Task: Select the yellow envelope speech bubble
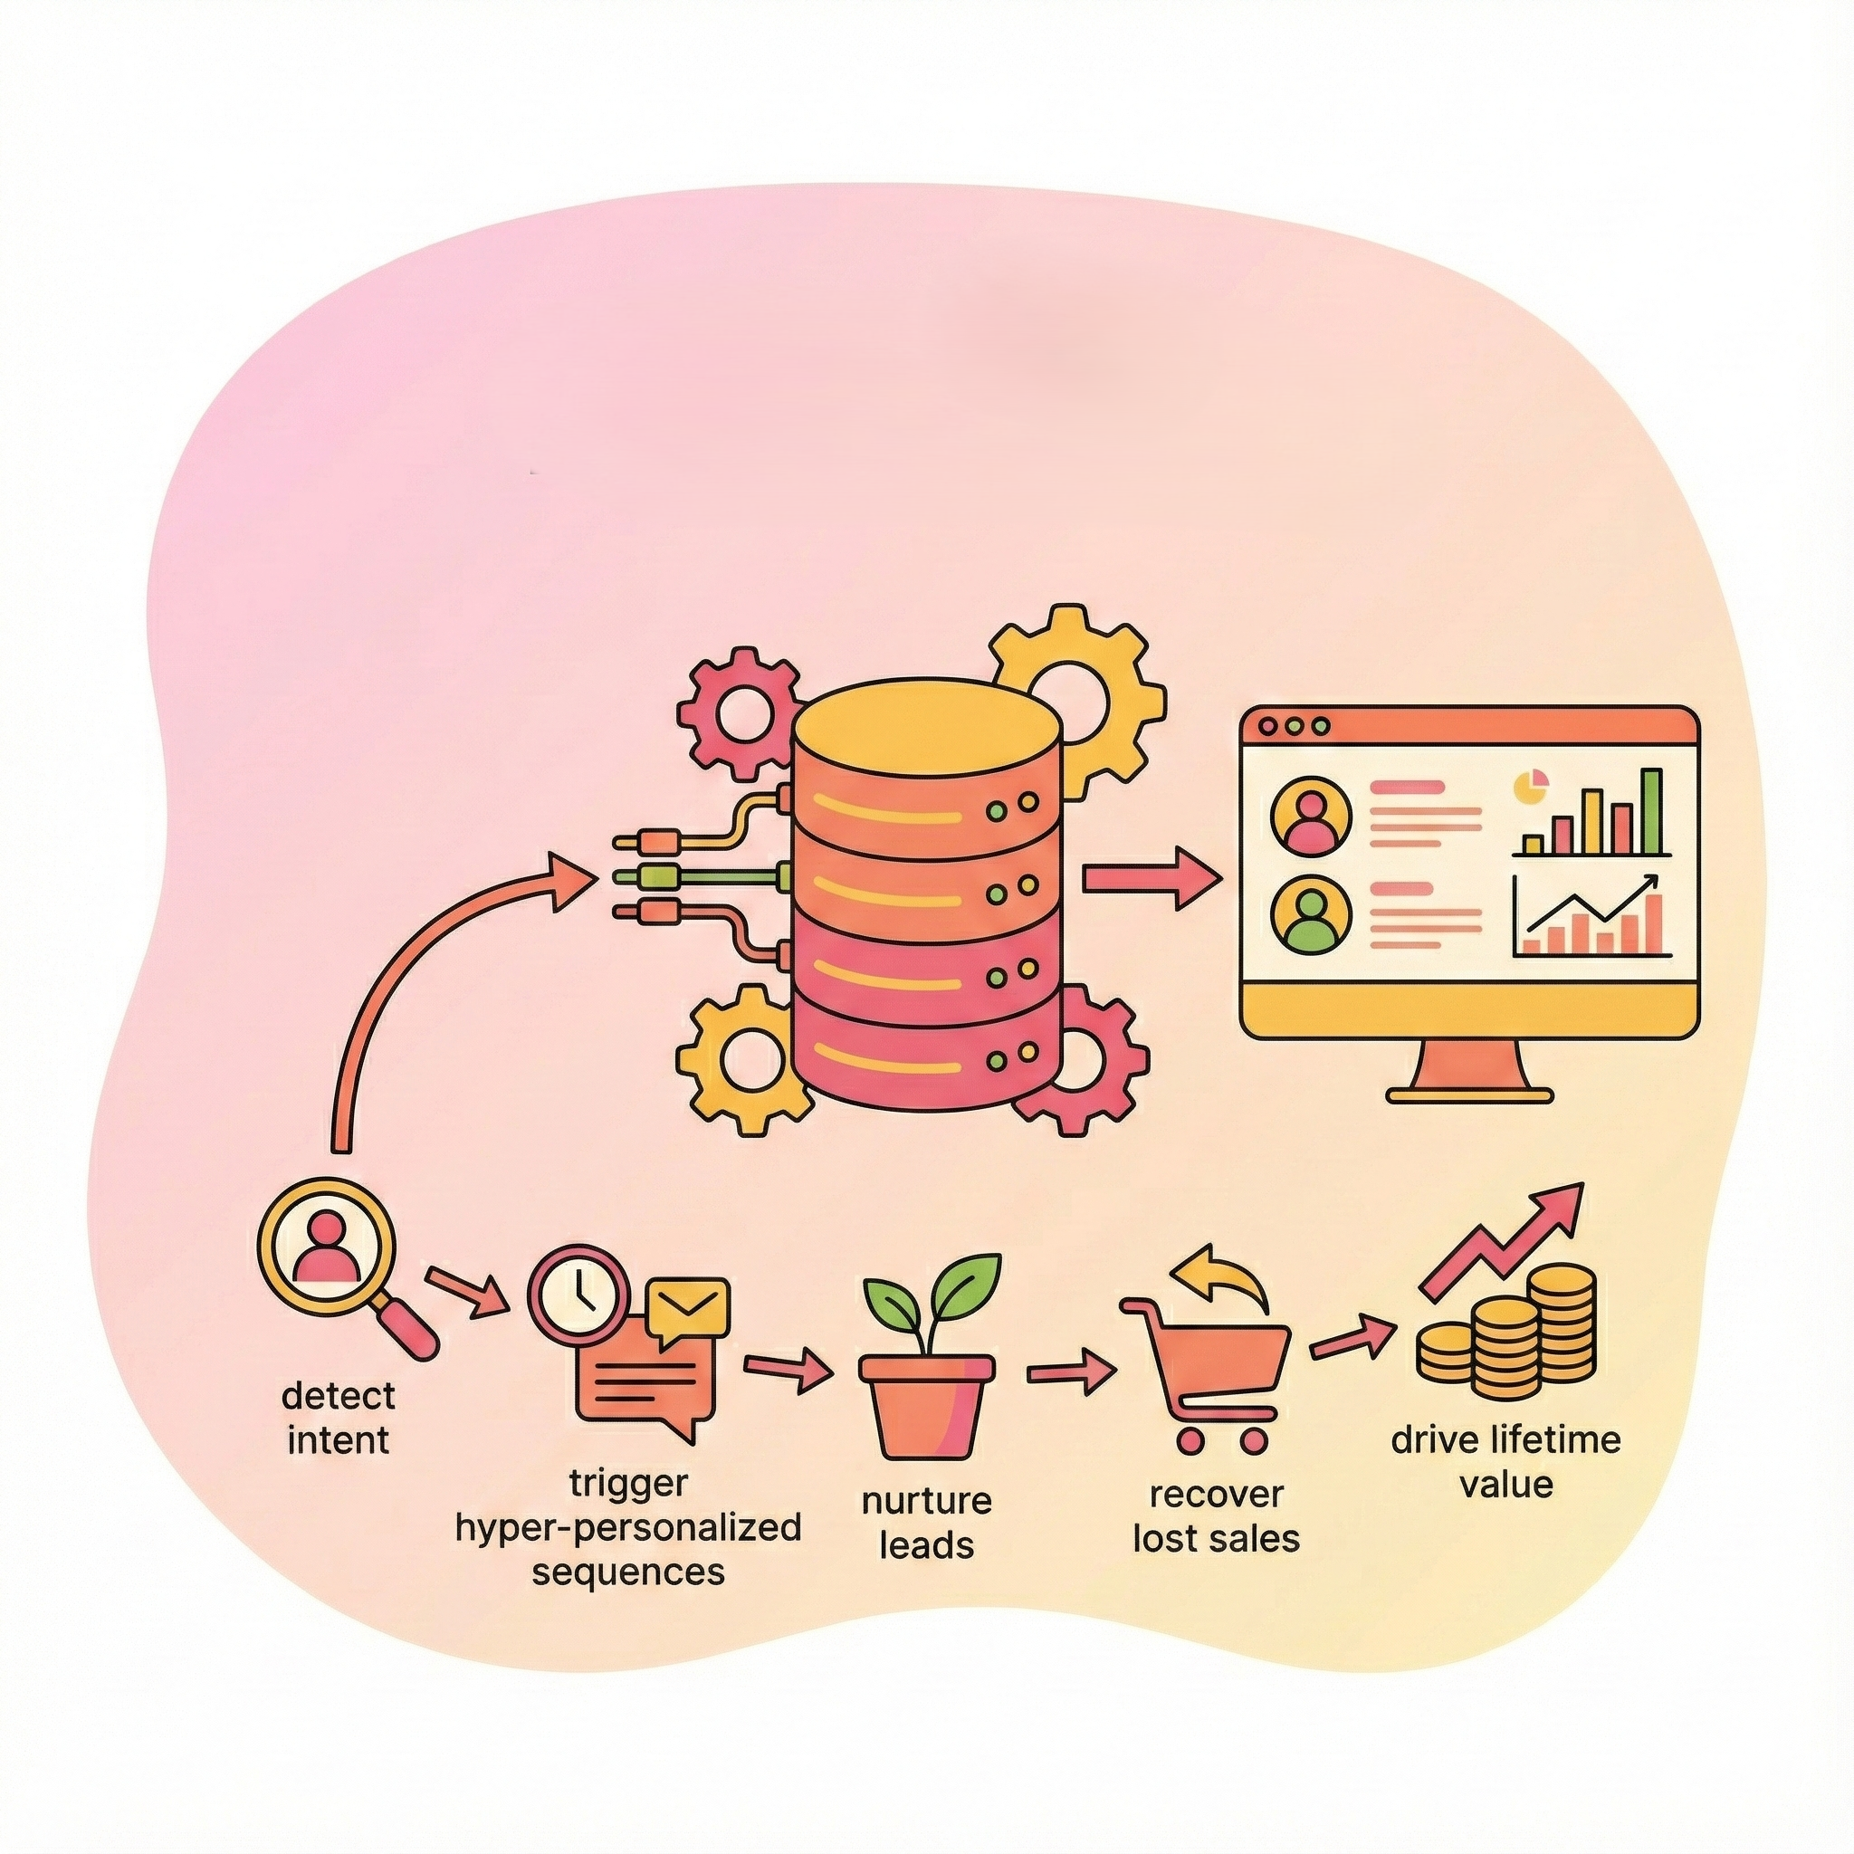click(x=687, y=1308)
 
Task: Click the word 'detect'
click(x=339, y=1395)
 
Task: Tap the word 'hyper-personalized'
click(x=628, y=1527)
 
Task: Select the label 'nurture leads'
click(x=926, y=1523)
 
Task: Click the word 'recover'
click(x=1216, y=1494)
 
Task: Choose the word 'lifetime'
click(x=1555, y=1439)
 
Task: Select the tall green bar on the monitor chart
click(x=1650, y=812)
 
